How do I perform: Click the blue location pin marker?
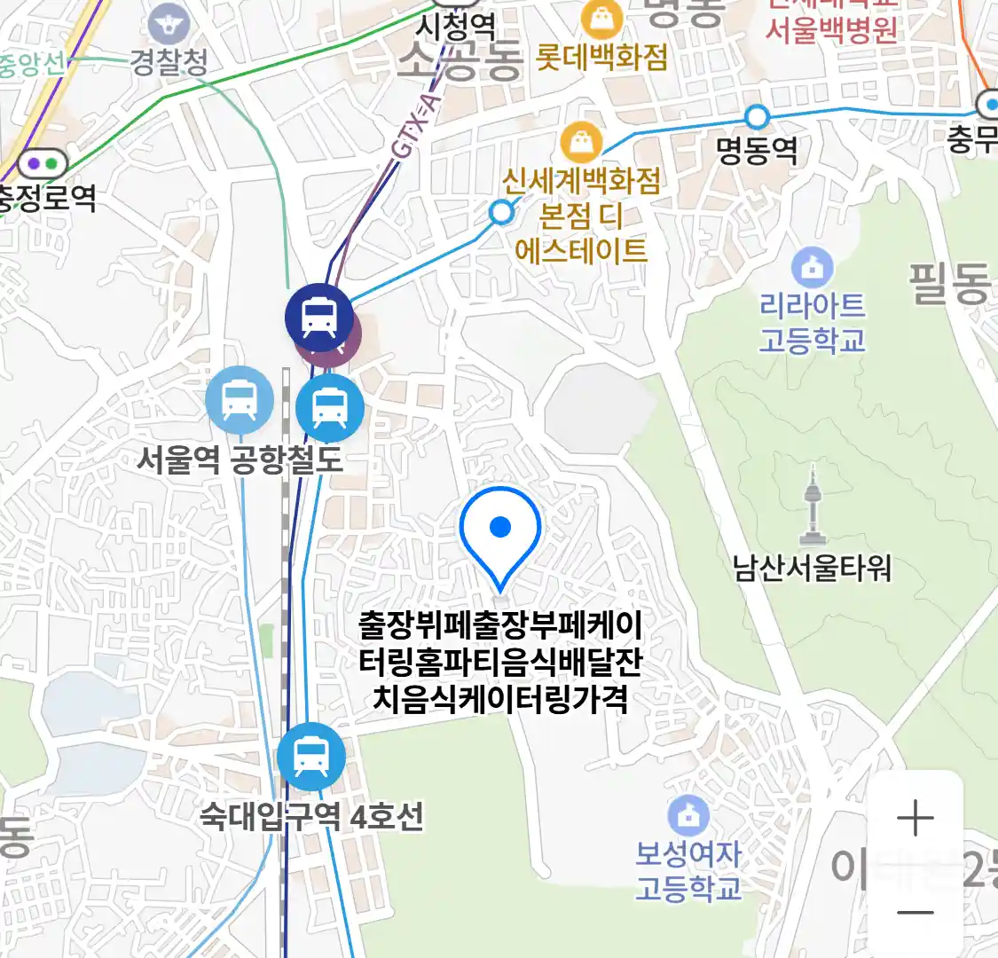click(500, 533)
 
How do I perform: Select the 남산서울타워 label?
click(812, 568)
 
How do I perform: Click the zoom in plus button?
click(915, 818)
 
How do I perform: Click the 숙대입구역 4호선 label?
click(311, 816)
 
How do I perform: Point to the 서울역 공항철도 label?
click(240, 459)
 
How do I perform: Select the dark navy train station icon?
click(318, 317)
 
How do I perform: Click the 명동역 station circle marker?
click(757, 116)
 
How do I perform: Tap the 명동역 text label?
click(757, 150)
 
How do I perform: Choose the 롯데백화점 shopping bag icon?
click(601, 18)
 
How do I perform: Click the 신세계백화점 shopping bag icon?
click(581, 141)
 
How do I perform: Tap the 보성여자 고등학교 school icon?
click(688, 814)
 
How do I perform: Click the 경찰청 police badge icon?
click(169, 24)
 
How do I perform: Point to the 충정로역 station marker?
click(43, 164)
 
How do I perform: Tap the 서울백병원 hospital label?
click(831, 30)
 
